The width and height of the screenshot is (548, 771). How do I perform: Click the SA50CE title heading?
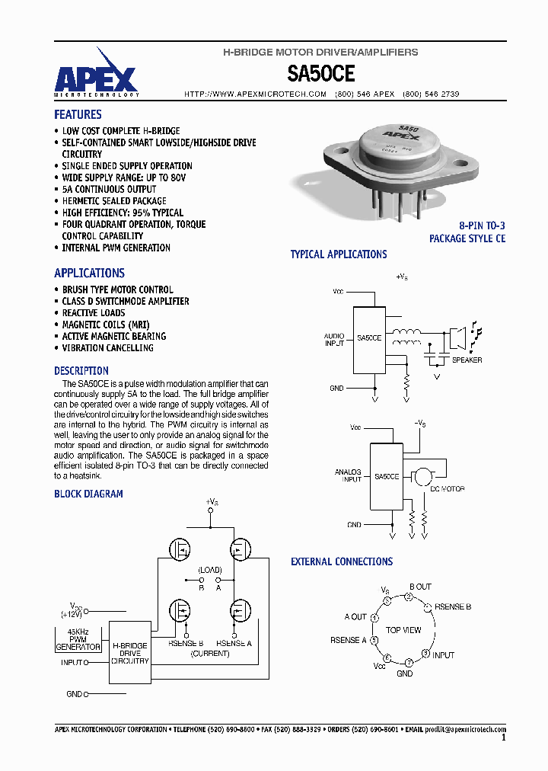[320, 73]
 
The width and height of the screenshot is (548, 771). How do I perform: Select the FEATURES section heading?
[78, 114]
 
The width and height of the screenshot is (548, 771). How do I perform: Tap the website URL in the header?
[256, 94]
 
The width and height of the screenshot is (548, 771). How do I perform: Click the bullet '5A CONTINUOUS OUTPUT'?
[109, 189]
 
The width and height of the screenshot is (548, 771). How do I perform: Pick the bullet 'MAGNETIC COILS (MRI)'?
[106, 325]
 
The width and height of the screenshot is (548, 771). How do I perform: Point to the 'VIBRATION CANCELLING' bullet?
[107, 348]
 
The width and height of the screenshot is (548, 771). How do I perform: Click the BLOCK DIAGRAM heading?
[88, 494]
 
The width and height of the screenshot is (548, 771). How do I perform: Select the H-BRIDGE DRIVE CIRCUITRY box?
[130, 653]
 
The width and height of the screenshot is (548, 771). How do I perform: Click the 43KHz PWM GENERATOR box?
[78, 639]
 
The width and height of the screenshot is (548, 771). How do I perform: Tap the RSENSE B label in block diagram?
[186, 642]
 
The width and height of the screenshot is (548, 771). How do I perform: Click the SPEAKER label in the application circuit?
[467, 360]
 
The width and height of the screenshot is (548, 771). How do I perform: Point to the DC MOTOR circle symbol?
[421, 476]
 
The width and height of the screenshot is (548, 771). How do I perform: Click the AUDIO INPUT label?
[334, 340]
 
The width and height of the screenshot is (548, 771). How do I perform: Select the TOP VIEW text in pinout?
[403, 630]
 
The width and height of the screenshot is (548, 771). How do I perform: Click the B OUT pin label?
[420, 587]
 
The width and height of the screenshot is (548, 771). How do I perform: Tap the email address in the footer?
[465, 729]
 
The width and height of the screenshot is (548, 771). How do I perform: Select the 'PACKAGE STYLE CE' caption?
[467, 238]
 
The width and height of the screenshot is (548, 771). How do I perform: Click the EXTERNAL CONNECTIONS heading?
[342, 561]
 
